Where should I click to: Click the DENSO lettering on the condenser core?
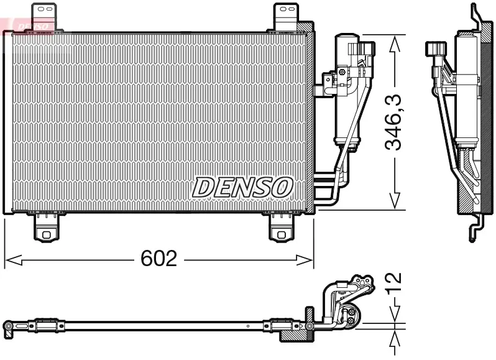(242, 187)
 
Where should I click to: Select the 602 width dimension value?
(159, 259)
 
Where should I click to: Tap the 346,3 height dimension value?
(393, 122)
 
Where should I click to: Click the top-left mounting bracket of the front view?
(44, 17)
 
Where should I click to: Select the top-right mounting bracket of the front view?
(285, 17)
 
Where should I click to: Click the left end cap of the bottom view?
(9, 326)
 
